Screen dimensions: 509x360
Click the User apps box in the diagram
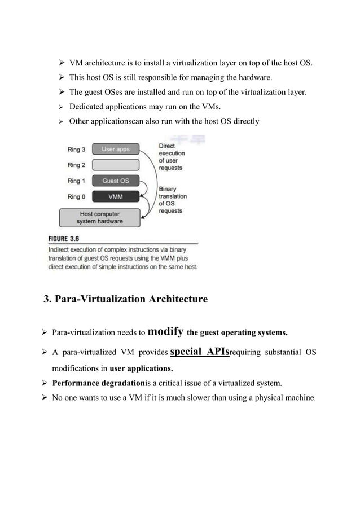(x=116, y=149)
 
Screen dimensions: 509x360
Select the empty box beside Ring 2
(x=116, y=165)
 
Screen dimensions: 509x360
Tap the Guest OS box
(x=116, y=181)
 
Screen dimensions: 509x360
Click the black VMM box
(x=116, y=196)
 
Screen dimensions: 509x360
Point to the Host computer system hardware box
(x=99, y=217)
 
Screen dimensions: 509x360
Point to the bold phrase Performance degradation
(x=99, y=384)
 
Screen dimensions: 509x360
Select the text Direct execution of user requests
(x=172, y=156)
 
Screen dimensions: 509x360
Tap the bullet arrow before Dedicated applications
(x=58, y=107)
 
